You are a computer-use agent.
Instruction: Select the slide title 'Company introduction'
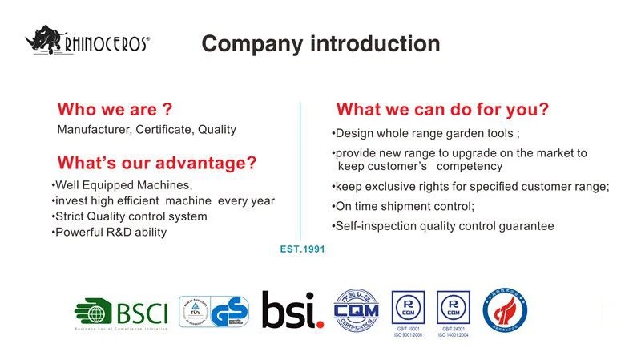[320, 43]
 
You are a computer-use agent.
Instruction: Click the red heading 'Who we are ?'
[115, 109]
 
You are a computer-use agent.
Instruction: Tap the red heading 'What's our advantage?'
[157, 164]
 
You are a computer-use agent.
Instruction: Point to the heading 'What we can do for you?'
[442, 109]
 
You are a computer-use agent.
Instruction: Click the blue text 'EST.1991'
[302, 249]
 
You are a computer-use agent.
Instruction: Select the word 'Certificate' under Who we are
[163, 129]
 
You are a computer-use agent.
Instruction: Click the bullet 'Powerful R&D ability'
[109, 233]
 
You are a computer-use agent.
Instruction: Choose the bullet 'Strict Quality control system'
[129, 216]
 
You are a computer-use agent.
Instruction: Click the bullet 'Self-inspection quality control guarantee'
[442, 226]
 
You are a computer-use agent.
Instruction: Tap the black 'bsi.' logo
[292, 309]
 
